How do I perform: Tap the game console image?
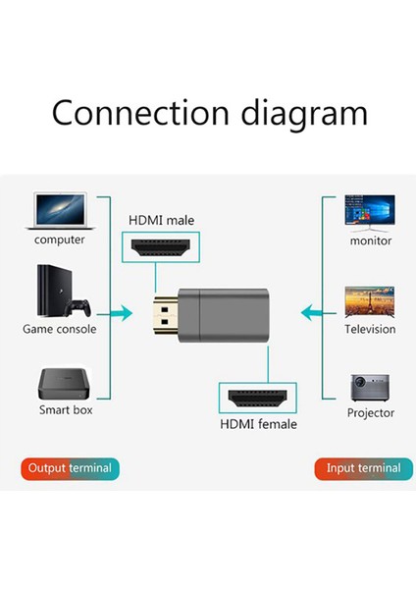57,291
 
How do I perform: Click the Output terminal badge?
70,468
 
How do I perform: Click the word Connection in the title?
134,112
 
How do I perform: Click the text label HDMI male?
161,221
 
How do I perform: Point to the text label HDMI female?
258,424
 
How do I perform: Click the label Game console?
59,329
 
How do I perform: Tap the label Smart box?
66,409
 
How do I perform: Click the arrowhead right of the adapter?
305,314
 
